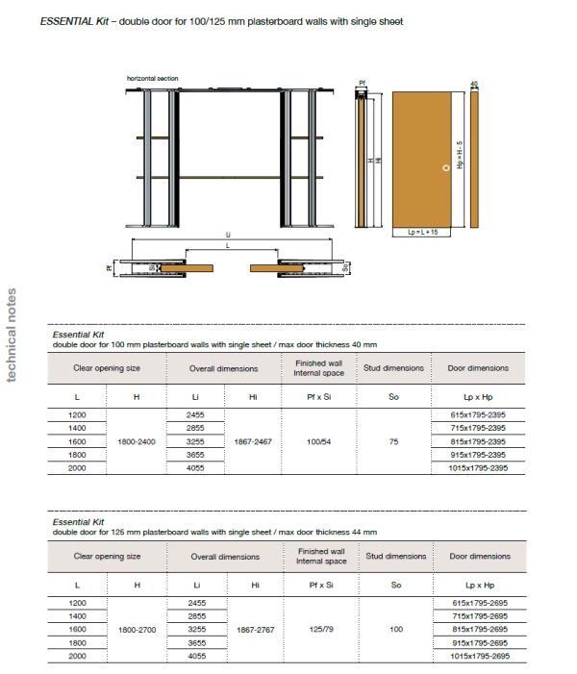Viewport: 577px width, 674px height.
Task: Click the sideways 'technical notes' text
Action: point(12,334)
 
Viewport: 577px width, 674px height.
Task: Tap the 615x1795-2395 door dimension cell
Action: point(479,412)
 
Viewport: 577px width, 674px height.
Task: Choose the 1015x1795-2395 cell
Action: point(479,468)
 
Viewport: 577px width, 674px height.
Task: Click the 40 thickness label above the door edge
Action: point(474,85)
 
